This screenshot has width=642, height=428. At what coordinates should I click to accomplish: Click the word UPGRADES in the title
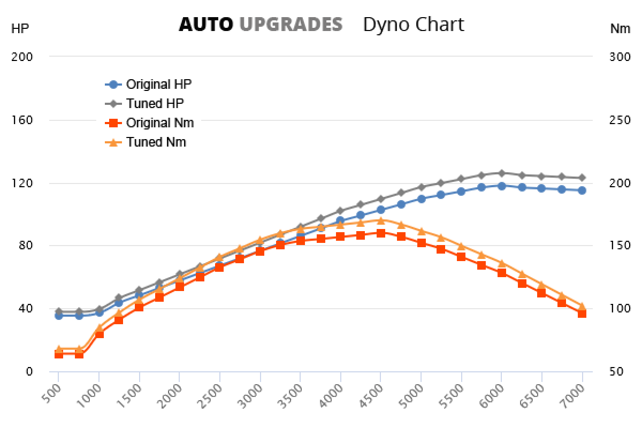[x=291, y=24]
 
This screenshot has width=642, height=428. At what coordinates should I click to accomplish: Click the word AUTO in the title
[x=205, y=24]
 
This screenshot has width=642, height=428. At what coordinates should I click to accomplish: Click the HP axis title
[x=20, y=29]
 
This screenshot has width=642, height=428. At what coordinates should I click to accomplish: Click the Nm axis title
[x=620, y=29]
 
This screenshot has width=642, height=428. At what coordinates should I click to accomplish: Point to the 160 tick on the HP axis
[x=22, y=120]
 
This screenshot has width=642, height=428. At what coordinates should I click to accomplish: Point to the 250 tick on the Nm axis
[x=620, y=120]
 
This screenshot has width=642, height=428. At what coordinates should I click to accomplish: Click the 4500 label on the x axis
[x=374, y=396]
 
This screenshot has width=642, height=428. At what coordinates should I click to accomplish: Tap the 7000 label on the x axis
[x=576, y=396]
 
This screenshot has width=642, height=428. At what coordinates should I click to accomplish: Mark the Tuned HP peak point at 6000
[x=501, y=173]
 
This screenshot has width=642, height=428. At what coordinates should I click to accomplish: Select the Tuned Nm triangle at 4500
[x=380, y=220]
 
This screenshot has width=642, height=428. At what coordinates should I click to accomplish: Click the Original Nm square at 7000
[x=582, y=313]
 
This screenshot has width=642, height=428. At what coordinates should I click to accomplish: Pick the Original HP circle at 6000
[x=501, y=186]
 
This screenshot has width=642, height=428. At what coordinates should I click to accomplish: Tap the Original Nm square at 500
[x=59, y=354]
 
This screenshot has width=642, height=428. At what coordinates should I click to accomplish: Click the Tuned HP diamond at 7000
[x=582, y=178]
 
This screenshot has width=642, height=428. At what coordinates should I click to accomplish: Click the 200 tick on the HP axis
[x=22, y=57]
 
